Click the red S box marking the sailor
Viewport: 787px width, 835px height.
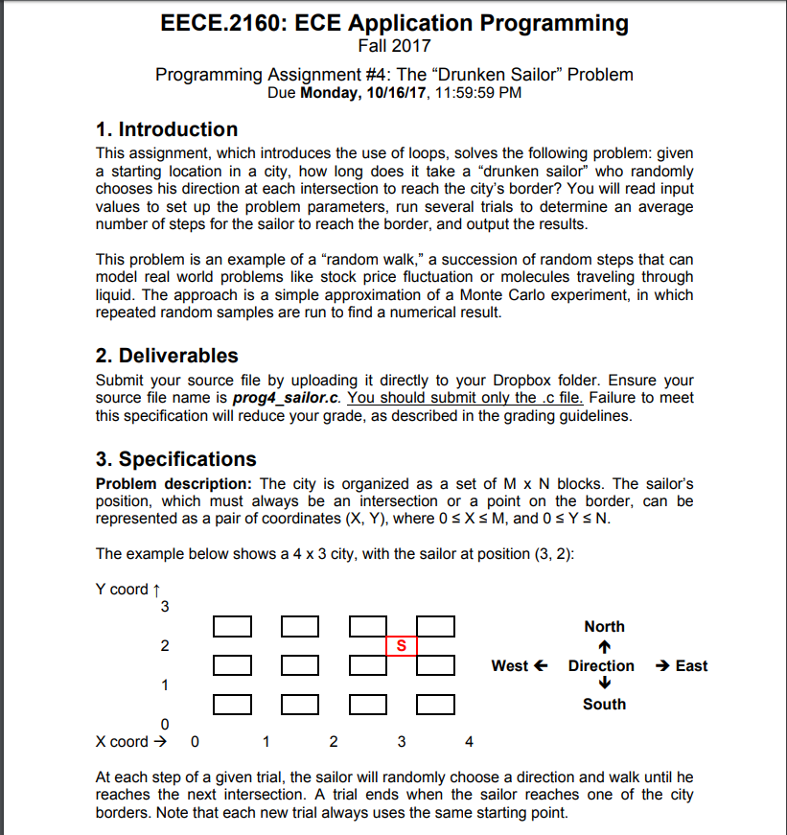[402, 646]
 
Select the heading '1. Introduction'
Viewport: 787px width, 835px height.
[168, 129]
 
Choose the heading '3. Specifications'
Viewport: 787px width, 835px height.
[176, 459]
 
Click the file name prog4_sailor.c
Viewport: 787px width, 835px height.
[288, 398]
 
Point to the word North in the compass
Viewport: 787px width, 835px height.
[604, 626]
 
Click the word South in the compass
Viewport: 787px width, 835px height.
[604, 705]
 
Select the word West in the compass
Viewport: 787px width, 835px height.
[511, 665]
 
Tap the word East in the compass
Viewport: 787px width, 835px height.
[691, 665]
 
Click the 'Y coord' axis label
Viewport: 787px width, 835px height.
[122, 589]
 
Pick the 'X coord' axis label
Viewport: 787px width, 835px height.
[123, 741]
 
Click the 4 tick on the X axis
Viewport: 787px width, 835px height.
[469, 741]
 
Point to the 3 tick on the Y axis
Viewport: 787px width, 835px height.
[165, 607]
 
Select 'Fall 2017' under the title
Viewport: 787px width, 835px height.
[394, 46]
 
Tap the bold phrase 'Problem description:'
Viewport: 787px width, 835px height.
[174, 483]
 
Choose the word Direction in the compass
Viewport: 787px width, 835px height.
[601, 665]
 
